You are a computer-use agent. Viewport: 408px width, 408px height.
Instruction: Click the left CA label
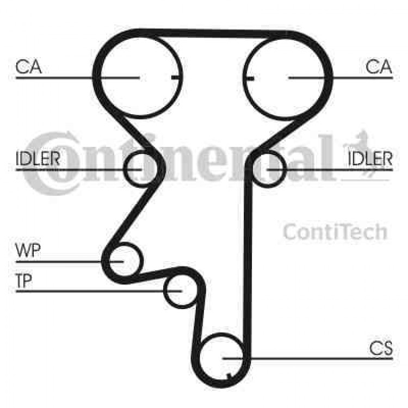coord(29,66)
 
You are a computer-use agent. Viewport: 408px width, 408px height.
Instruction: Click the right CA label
coord(379,66)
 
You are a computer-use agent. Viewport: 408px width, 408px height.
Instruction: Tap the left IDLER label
coord(38,158)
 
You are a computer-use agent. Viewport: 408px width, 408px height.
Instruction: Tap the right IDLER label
coord(370,158)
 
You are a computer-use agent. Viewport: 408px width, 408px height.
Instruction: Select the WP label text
coord(28,250)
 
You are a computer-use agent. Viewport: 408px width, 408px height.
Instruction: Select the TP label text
coord(24,281)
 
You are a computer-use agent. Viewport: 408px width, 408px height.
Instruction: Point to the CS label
coord(381,348)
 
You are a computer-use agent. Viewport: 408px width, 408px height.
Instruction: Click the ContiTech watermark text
coord(336,232)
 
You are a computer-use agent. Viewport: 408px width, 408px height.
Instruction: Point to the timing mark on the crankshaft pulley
coord(229,376)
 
